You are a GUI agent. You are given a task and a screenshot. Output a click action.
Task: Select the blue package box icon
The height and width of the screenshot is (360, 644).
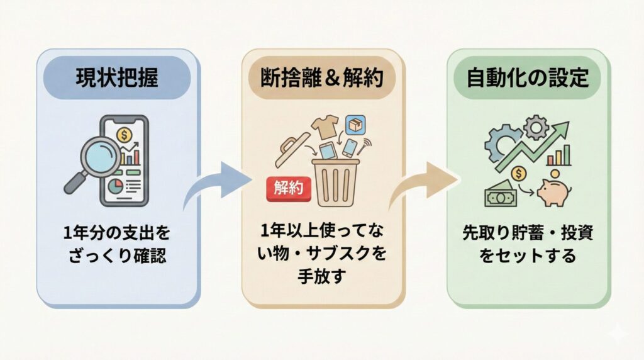click(x=356, y=123)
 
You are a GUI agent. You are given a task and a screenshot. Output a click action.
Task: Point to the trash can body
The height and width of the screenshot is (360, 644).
click(x=335, y=183)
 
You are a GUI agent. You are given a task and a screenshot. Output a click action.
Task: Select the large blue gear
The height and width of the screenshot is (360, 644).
click(x=502, y=143)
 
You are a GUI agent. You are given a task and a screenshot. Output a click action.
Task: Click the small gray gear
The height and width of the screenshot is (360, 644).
click(x=536, y=127)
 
